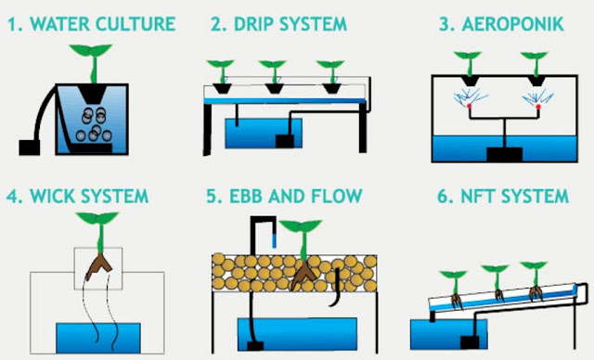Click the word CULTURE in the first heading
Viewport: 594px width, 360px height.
(x=136, y=24)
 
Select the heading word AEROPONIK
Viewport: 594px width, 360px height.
(x=512, y=24)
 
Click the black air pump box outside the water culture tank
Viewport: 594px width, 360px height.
(x=30, y=148)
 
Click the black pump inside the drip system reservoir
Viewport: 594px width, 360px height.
(x=285, y=141)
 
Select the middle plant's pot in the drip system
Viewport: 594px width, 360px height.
(x=275, y=88)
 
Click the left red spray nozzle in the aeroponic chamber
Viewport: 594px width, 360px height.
(x=470, y=107)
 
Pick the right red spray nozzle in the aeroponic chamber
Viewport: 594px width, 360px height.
(x=538, y=107)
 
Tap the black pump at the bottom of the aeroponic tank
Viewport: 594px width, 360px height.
(x=505, y=154)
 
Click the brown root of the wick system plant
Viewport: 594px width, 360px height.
(x=98, y=267)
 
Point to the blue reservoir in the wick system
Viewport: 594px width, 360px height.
(x=98, y=338)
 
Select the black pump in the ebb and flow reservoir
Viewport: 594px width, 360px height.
(x=255, y=346)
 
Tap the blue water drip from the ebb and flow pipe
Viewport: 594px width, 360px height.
(x=275, y=240)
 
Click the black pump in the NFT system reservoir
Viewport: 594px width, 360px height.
(x=470, y=342)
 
